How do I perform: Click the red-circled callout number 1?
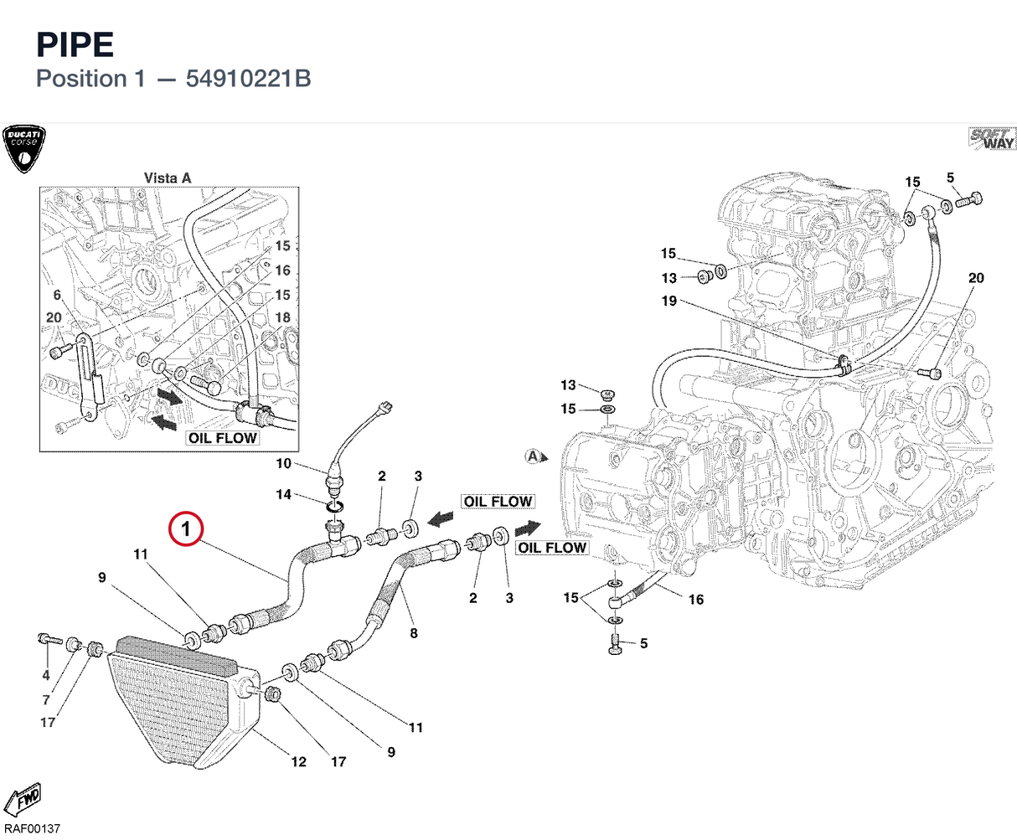click(186, 528)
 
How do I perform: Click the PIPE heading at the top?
click(75, 44)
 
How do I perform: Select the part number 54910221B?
click(248, 79)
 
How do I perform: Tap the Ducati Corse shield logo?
click(23, 149)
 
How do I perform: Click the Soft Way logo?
click(992, 139)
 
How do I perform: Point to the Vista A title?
click(168, 178)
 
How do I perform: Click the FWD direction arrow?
click(22, 799)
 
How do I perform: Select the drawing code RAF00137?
click(32, 828)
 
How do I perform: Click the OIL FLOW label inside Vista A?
click(223, 438)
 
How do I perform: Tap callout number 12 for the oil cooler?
click(298, 761)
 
